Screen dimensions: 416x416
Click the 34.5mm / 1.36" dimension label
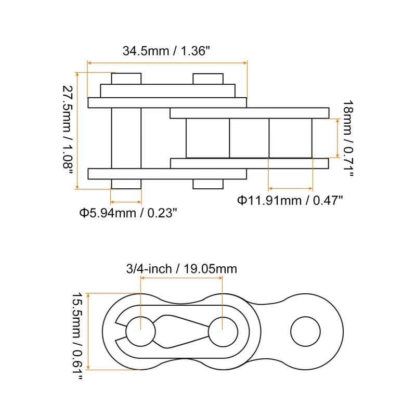coord(166,51)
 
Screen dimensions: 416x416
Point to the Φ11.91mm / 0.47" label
coord(290,200)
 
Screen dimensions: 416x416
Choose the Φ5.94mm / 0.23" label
coord(128,212)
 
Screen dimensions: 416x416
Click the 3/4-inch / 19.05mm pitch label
coord(181,269)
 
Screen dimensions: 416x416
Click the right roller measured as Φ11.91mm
coord(290,138)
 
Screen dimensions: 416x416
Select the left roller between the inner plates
coord(207,138)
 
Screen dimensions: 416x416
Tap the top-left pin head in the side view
coord(126,79)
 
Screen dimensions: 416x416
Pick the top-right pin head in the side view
coord(208,79)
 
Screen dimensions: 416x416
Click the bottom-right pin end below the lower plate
coord(208,184)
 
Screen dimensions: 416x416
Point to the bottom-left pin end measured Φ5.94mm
coord(126,184)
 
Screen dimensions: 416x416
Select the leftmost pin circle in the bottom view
coord(140,331)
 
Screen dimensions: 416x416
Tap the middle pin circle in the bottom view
coord(223,331)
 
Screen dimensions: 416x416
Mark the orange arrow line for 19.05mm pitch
coord(181,278)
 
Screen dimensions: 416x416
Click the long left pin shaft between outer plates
coord(126,138)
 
